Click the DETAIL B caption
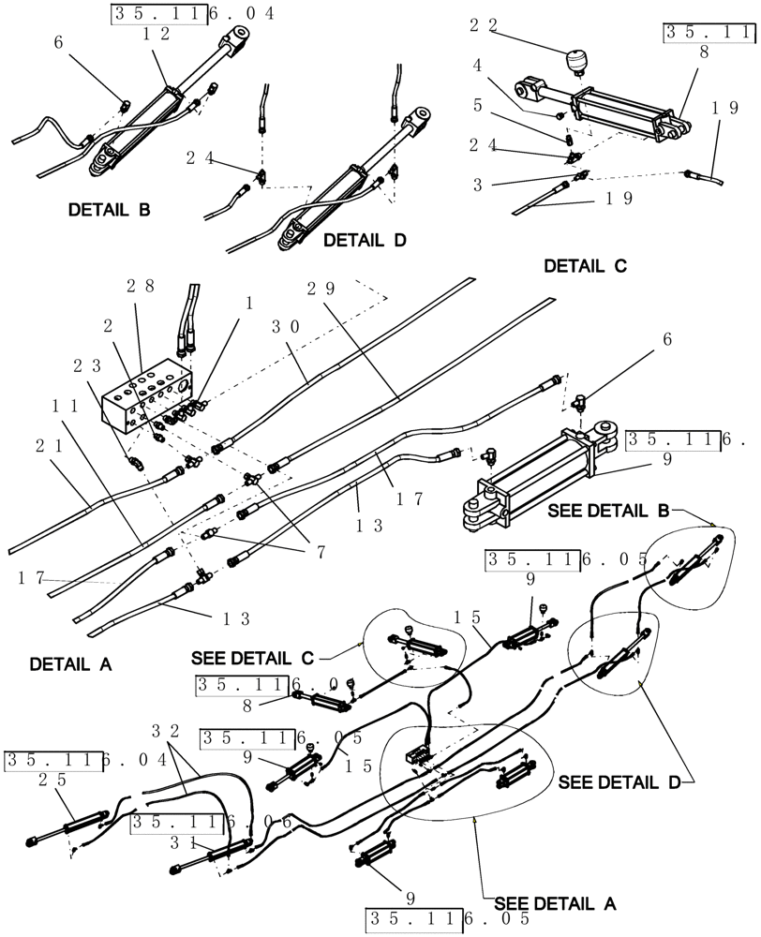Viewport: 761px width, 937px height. tap(109, 210)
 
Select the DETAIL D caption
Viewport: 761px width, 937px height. tap(365, 241)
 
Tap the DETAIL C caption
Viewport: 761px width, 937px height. tap(585, 266)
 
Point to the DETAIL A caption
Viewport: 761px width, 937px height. tap(70, 664)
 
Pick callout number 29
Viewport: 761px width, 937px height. tap(321, 288)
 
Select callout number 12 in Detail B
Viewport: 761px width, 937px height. tap(155, 34)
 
